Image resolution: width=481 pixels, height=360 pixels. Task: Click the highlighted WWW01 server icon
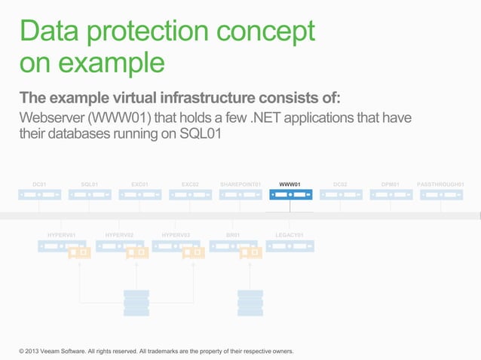(290, 195)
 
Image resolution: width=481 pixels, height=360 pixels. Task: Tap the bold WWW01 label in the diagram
(290, 184)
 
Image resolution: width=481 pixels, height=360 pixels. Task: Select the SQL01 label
(90, 184)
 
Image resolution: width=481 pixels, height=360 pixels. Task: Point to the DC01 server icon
(39, 195)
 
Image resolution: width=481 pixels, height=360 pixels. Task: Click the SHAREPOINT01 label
(240, 184)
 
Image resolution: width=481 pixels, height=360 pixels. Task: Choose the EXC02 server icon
(190, 195)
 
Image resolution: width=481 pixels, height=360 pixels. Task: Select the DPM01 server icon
(391, 195)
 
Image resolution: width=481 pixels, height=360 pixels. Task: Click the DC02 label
(340, 184)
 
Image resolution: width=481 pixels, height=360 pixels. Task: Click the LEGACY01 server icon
(290, 246)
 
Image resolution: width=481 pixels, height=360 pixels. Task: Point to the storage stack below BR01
(250, 302)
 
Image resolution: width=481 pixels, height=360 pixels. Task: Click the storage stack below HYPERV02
(136, 302)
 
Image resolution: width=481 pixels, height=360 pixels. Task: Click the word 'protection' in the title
(151, 32)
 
